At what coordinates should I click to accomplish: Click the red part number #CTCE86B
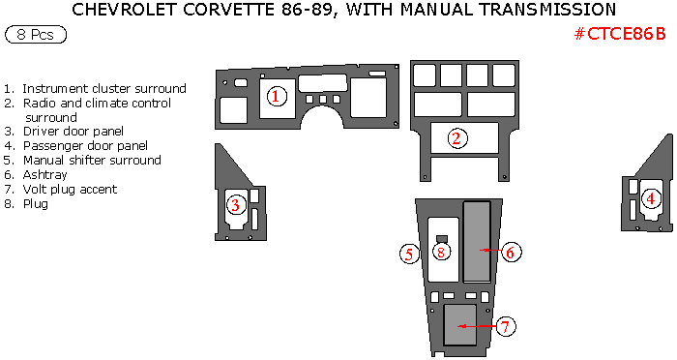(x=620, y=34)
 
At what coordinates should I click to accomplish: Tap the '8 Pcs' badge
(x=36, y=35)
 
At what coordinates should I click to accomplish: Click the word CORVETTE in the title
(x=229, y=10)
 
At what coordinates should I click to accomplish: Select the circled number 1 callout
(x=277, y=96)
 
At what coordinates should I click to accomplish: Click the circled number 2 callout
(x=456, y=138)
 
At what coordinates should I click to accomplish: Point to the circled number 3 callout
(x=235, y=204)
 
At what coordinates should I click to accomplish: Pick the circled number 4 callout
(x=651, y=198)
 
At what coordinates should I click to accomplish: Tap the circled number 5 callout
(x=409, y=254)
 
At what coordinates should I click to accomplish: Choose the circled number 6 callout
(x=511, y=252)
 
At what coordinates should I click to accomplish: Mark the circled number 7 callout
(x=506, y=326)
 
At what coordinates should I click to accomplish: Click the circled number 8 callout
(x=441, y=252)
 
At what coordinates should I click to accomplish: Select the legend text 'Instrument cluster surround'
(x=104, y=89)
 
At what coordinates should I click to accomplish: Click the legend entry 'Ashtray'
(x=44, y=175)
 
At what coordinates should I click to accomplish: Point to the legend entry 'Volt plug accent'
(x=70, y=190)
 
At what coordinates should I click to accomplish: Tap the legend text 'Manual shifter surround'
(x=92, y=161)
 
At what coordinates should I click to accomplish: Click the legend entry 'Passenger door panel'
(x=85, y=145)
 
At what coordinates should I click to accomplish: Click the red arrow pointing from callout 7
(x=477, y=326)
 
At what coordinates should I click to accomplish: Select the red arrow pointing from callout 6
(x=490, y=251)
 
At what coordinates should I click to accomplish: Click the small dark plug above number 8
(x=442, y=239)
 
